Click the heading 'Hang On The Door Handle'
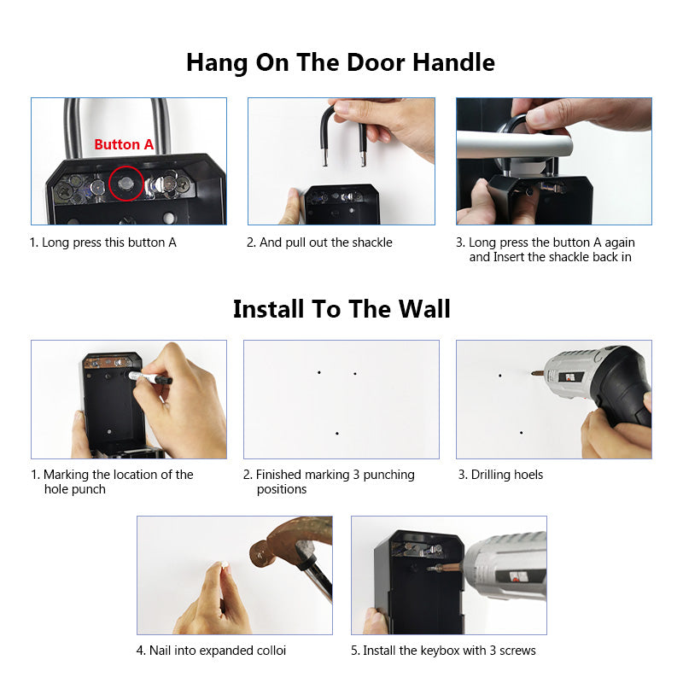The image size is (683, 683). [341, 62]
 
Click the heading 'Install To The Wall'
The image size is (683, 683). [341, 308]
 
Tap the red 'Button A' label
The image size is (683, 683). [124, 144]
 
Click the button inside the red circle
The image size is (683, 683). [127, 182]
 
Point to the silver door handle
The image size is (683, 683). [512, 145]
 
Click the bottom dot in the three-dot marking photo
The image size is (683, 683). [337, 434]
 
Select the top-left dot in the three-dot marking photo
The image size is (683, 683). [319, 372]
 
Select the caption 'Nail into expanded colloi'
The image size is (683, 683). [211, 651]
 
